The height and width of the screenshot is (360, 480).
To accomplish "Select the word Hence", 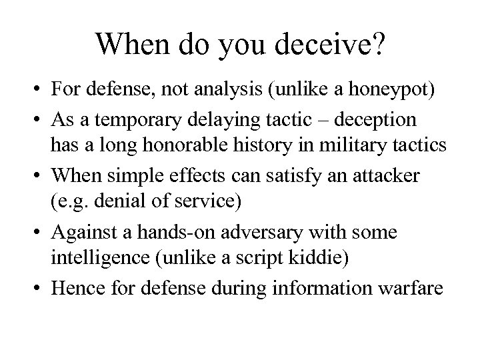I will click(x=77, y=289).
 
